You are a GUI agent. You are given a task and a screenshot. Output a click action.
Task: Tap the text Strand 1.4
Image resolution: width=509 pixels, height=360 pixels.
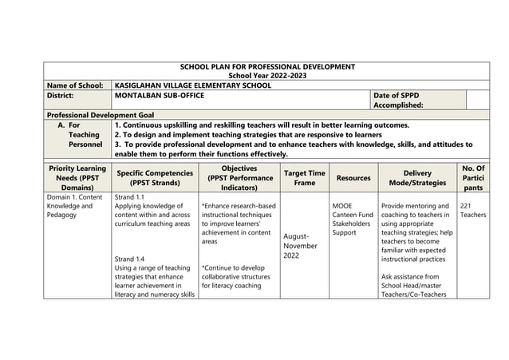[130, 259]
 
